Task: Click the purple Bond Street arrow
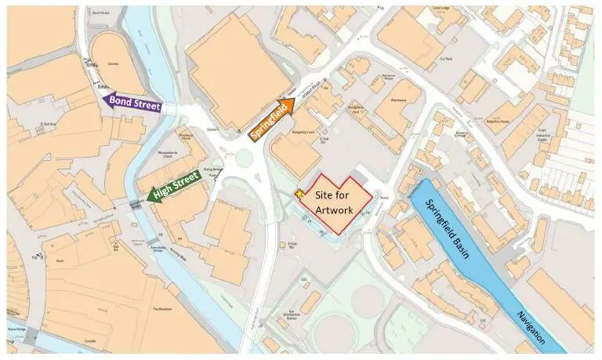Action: point(132,102)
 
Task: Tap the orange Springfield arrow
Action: point(271,120)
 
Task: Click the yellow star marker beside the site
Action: point(299,194)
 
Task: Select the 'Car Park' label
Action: point(448,59)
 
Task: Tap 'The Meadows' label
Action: point(162,309)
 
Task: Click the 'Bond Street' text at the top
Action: point(100,13)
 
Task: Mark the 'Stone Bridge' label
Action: point(16,329)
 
